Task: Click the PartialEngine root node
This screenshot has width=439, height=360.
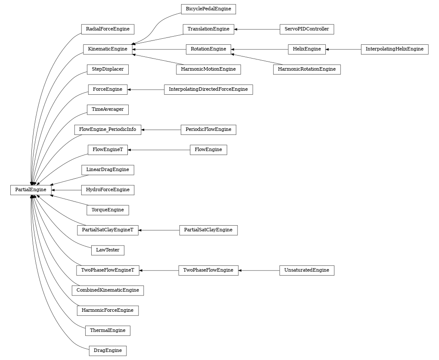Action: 31,190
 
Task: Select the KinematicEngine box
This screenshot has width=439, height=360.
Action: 108,49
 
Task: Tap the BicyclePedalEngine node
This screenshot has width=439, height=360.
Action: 208,9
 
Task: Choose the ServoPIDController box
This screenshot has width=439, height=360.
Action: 306,29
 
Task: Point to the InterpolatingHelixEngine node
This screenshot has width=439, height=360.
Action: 394,49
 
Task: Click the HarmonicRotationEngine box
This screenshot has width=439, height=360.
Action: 306,69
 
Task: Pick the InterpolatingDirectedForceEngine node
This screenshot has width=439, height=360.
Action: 208,90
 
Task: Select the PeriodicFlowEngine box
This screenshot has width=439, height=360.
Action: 208,130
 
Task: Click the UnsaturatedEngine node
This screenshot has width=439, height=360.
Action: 306,270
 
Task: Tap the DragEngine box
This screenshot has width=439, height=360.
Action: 108,351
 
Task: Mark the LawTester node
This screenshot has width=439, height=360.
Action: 108,250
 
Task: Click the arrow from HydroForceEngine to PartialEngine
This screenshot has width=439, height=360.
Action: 66,190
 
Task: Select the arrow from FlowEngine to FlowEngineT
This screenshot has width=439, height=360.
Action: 159,150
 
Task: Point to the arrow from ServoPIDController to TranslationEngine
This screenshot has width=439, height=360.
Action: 257,29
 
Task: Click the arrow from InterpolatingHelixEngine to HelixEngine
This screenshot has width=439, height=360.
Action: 343,49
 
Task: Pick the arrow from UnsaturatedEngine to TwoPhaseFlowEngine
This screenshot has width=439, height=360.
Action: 259,270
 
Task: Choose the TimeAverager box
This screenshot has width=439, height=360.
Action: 108,109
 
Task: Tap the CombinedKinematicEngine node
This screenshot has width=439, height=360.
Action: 108,290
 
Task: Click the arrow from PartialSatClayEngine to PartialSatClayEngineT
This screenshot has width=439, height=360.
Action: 159,230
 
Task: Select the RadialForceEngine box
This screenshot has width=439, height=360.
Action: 108,29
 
